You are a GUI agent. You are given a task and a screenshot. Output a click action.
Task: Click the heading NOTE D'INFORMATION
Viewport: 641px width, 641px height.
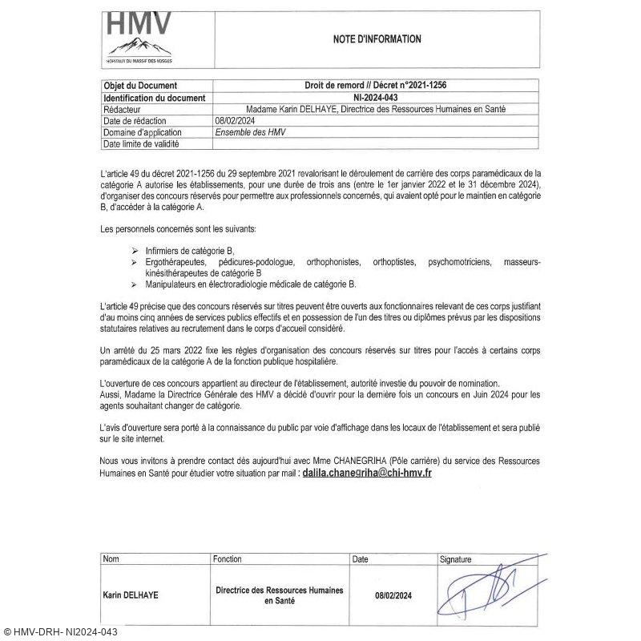click(377, 38)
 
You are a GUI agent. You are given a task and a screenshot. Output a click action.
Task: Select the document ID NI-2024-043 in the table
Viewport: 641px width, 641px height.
click(380, 98)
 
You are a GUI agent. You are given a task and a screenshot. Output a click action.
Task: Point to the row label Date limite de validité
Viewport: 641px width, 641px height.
click(141, 144)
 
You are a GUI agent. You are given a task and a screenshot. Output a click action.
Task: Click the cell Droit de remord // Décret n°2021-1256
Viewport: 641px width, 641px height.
click(380, 86)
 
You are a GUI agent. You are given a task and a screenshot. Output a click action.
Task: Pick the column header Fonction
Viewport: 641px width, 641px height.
click(228, 558)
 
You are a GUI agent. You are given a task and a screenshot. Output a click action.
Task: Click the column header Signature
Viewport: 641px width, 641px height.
click(455, 558)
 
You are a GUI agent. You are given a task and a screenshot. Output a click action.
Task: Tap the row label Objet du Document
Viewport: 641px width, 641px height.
click(140, 86)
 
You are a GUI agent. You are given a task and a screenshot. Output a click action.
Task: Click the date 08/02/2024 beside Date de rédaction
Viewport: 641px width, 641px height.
click(233, 121)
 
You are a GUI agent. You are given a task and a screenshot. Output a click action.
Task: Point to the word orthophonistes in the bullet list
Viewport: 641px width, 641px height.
click(333, 262)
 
